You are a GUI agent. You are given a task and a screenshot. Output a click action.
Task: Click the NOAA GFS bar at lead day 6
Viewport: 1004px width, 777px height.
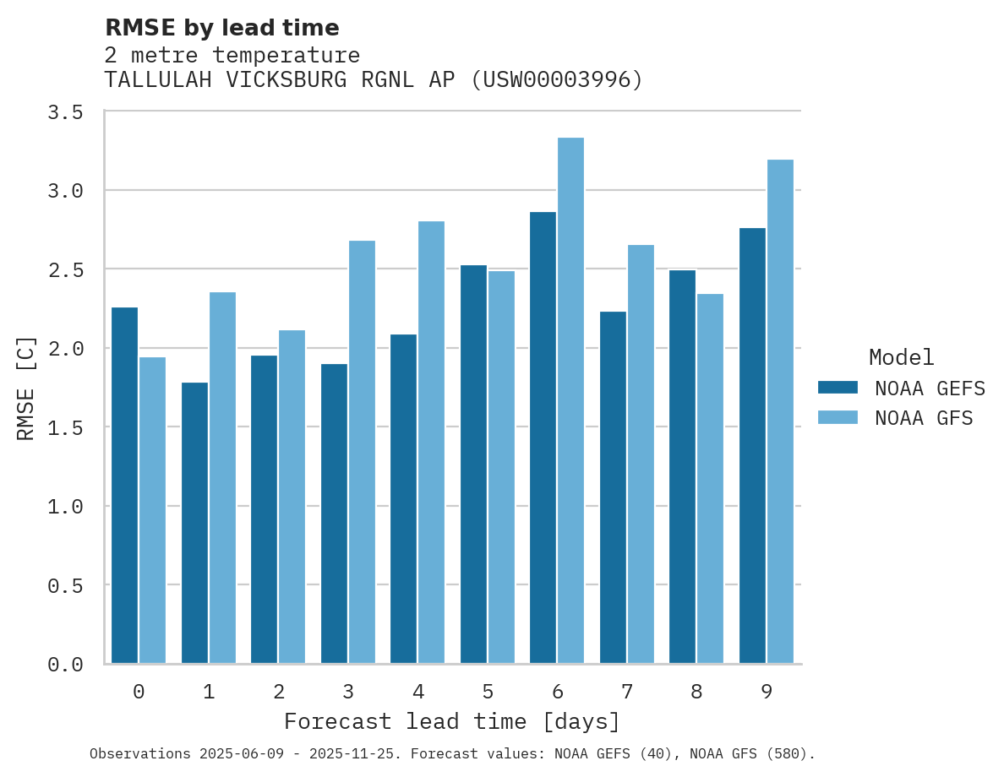(570, 400)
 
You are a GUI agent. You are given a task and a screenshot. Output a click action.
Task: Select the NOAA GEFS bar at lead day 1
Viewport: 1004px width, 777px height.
(194, 523)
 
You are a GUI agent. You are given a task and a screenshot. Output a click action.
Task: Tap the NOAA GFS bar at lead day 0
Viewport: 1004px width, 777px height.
(153, 510)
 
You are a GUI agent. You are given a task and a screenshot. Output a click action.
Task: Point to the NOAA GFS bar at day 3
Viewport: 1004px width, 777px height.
(362, 452)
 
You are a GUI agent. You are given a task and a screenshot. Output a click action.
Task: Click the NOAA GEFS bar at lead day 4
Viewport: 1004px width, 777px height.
(404, 498)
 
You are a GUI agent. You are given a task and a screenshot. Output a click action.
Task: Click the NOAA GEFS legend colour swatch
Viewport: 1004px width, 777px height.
(838, 388)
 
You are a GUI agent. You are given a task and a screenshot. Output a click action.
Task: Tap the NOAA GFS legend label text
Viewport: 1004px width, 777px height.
(924, 418)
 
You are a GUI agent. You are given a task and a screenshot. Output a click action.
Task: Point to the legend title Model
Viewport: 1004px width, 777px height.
(902, 357)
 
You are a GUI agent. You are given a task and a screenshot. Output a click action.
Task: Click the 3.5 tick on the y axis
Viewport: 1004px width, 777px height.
(65, 112)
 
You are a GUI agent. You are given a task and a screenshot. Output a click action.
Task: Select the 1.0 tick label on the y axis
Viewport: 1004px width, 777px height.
(65, 507)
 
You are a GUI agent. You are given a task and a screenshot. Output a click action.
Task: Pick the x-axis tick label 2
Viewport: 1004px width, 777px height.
(278, 692)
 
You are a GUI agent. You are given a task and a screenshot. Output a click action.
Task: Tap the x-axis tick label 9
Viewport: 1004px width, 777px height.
(767, 692)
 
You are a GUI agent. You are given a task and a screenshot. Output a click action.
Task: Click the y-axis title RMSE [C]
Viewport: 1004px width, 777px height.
(26, 388)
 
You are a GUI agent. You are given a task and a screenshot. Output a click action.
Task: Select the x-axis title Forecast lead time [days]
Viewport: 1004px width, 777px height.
(452, 722)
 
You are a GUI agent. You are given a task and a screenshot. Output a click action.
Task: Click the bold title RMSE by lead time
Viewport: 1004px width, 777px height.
(221, 28)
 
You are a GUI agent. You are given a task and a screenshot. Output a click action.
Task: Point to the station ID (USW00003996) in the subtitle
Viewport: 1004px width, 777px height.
(557, 80)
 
